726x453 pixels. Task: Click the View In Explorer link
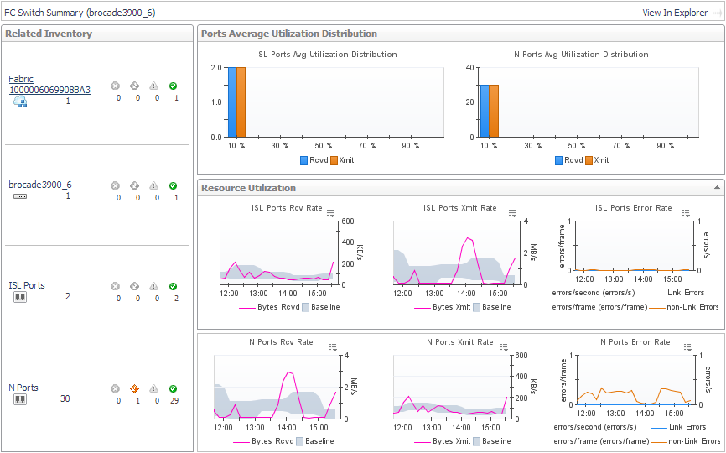tap(675, 13)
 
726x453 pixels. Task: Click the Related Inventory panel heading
tap(49, 34)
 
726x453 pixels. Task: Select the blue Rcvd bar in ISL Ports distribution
tap(231, 102)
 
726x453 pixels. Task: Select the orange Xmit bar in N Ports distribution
tap(494, 111)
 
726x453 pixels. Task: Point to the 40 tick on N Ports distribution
tap(470, 68)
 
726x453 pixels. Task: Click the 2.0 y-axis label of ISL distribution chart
tap(216, 68)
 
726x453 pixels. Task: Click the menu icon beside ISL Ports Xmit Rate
tap(513, 213)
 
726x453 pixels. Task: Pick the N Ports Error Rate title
tap(635, 342)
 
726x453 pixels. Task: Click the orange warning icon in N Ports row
tap(134, 388)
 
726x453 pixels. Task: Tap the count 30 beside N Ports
tap(65, 398)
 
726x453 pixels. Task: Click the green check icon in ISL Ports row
tap(173, 286)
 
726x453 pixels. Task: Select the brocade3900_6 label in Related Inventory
tap(39, 185)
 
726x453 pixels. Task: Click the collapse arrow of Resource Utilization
tap(716, 188)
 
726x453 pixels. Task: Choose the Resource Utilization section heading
tap(248, 188)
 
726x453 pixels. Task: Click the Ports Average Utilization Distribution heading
tap(289, 34)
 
